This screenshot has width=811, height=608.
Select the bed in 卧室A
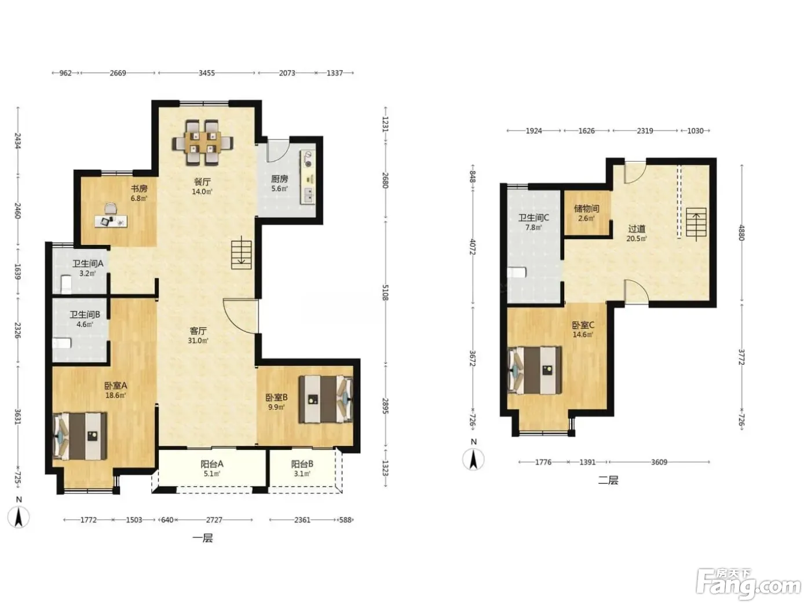coord(80,436)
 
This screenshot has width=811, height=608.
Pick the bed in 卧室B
coord(326,399)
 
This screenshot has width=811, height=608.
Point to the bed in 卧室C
coord(535,370)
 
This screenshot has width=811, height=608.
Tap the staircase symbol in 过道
coord(696,222)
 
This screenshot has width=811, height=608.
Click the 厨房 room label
coord(279,179)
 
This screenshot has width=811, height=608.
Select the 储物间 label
coord(586,208)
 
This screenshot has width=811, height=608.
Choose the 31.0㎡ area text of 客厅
coord(198,340)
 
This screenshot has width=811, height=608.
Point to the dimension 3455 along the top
coord(207,73)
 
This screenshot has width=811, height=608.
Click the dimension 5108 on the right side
coord(385,292)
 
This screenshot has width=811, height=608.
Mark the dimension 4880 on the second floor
coord(741,233)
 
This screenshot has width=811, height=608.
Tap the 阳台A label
coord(211,464)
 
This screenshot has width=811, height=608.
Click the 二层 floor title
coord(608,480)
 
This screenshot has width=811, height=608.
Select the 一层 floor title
coord(203,539)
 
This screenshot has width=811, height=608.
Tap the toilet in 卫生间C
coord(517,272)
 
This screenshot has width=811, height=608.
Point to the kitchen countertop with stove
coord(308,177)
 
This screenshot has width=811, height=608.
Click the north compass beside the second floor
coord(473,456)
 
